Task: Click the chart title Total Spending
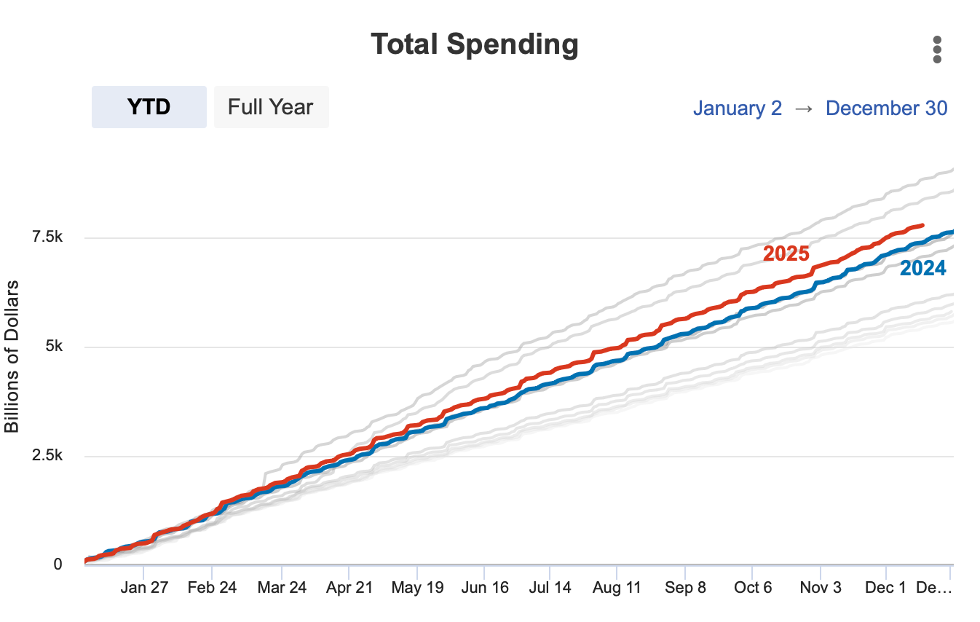point(475,44)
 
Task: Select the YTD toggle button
point(149,107)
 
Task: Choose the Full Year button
point(271,107)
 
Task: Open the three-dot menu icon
point(937,50)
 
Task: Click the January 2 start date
point(737,109)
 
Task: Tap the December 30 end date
point(886,109)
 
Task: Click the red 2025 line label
point(786,253)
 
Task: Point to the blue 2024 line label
point(922,269)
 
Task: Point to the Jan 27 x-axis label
point(143,588)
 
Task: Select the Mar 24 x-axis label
point(281,588)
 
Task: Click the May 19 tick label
point(416,588)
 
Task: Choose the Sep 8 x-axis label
point(684,588)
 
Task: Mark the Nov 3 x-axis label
point(821,588)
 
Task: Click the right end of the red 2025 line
point(922,226)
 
